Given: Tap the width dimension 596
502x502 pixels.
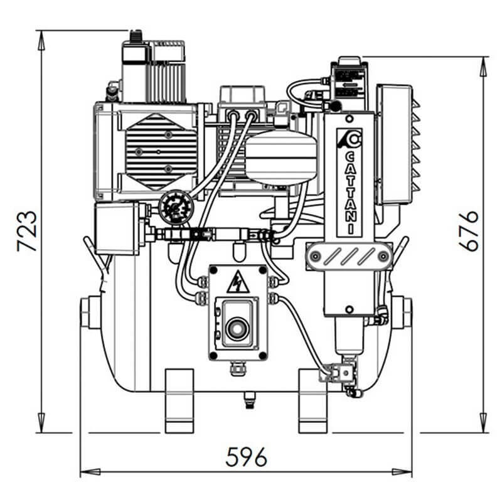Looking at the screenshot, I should click(x=246, y=456).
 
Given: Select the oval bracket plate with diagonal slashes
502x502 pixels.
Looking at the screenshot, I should click(x=350, y=256).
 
